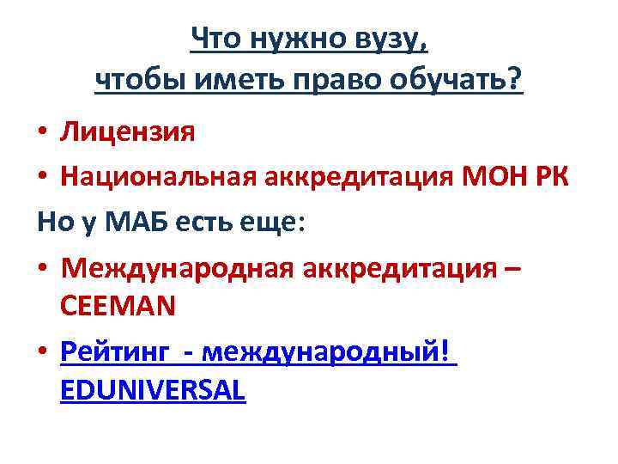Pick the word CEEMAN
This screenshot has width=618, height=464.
(x=118, y=306)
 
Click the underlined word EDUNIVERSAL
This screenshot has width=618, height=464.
(x=154, y=391)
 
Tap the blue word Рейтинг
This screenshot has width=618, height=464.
(x=120, y=352)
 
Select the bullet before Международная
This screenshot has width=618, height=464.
(x=42, y=269)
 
